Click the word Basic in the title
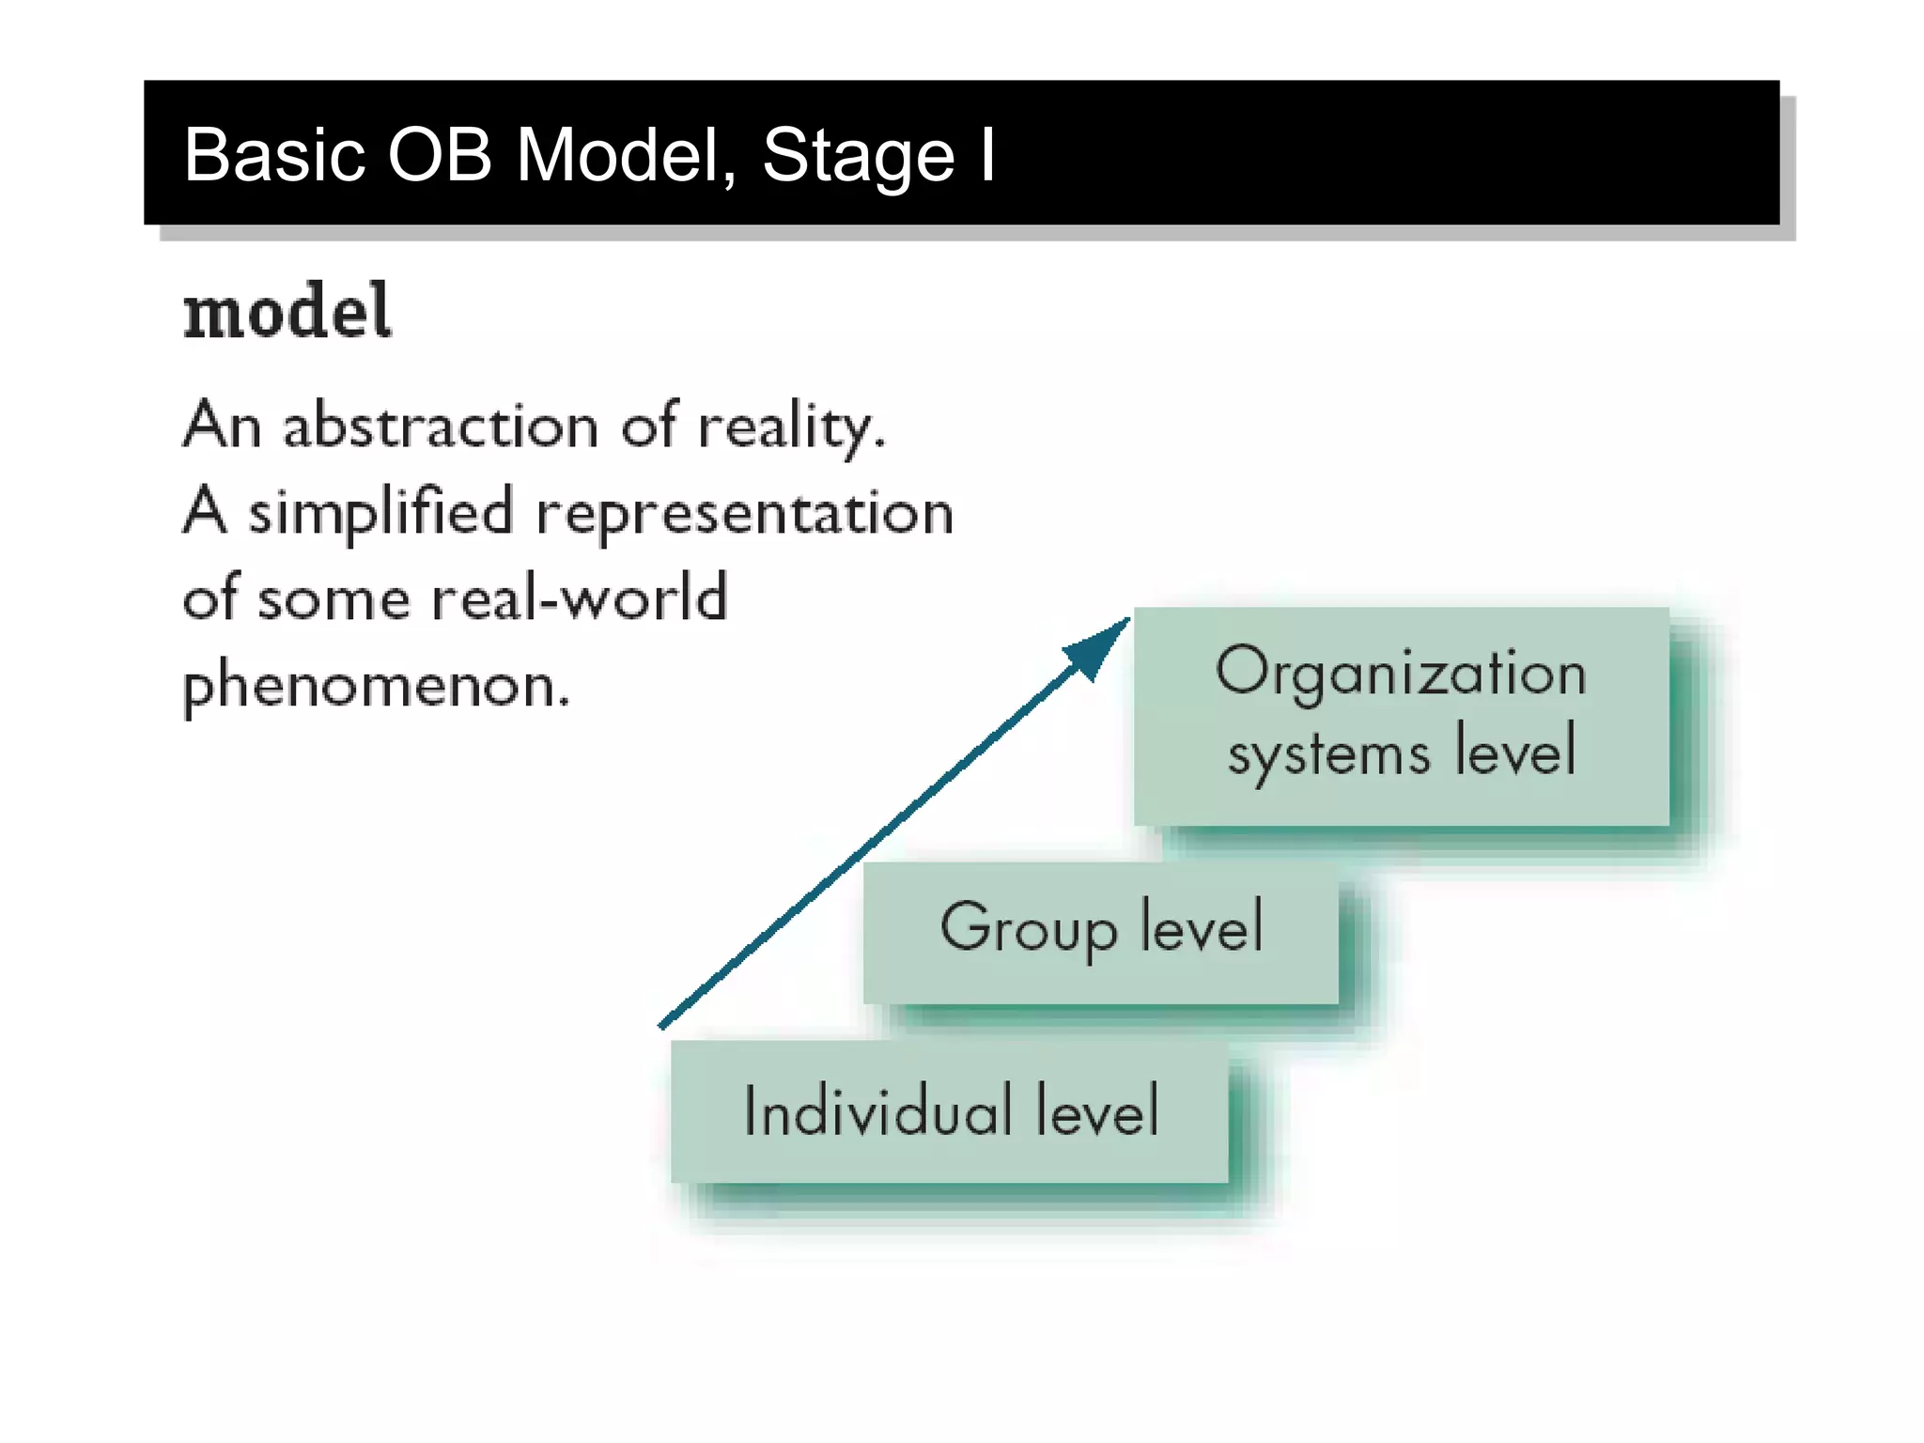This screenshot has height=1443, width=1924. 273,155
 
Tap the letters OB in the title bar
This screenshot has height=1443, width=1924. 440,155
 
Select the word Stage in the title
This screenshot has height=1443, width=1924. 858,155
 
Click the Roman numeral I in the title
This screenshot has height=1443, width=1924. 986,155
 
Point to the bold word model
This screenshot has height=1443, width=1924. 287,312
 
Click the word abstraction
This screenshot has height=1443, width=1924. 441,426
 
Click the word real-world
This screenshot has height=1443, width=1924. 579,597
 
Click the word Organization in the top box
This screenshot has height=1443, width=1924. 1401,673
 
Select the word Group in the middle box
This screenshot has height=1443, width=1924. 1029,928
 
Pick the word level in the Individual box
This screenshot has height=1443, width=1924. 1097,1111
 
